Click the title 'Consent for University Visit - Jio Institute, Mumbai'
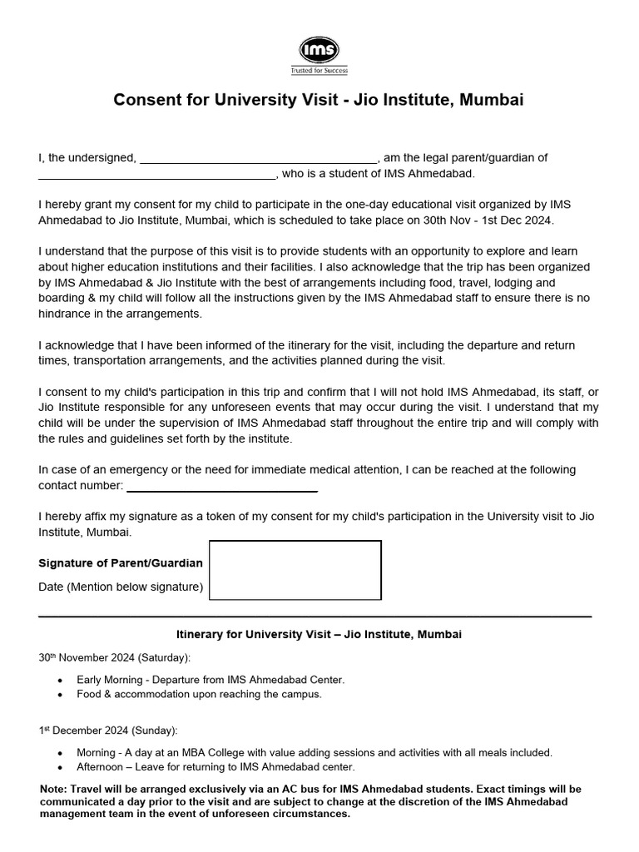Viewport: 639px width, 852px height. click(319, 101)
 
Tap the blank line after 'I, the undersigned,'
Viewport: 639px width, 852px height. click(259, 159)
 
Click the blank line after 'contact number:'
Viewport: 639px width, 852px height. click(221, 488)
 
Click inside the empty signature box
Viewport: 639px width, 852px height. click(295, 570)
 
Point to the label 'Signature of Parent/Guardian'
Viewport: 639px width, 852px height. click(121, 563)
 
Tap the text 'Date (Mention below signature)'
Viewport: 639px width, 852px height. click(121, 587)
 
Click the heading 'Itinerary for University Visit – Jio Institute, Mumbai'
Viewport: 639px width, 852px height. click(319, 635)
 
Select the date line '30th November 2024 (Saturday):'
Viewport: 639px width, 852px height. click(114, 657)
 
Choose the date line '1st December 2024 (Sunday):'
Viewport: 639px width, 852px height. click(107, 731)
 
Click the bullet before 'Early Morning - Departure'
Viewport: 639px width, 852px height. click(60, 681)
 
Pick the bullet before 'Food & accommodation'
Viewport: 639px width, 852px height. click(60, 694)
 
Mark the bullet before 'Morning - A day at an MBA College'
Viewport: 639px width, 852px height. click(60, 753)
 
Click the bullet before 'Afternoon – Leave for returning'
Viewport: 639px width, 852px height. click(60, 767)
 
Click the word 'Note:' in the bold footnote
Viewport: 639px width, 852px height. click(55, 789)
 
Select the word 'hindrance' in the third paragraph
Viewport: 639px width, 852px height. click(64, 315)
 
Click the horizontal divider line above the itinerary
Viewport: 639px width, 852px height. click(315, 617)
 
